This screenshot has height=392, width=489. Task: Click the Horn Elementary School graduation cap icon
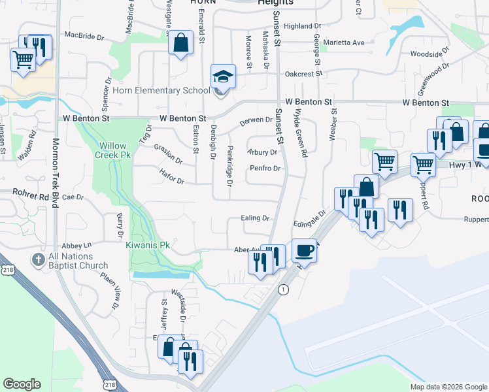(222, 76)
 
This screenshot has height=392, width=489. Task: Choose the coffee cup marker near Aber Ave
(304, 250)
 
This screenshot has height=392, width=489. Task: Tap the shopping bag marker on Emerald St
(181, 43)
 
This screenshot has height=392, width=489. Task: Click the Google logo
(22, 384)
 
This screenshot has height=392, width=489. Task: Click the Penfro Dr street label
(265, 169)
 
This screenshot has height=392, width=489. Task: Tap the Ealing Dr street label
(255, 218)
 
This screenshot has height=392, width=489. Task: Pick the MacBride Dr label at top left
(84, 35)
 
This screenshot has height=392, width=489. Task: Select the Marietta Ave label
(346, 42)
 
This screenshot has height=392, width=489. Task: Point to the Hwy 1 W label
(465, 165)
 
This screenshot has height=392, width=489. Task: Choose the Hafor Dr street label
(172, 176)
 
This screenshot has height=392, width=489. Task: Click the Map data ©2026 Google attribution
(448, 387)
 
